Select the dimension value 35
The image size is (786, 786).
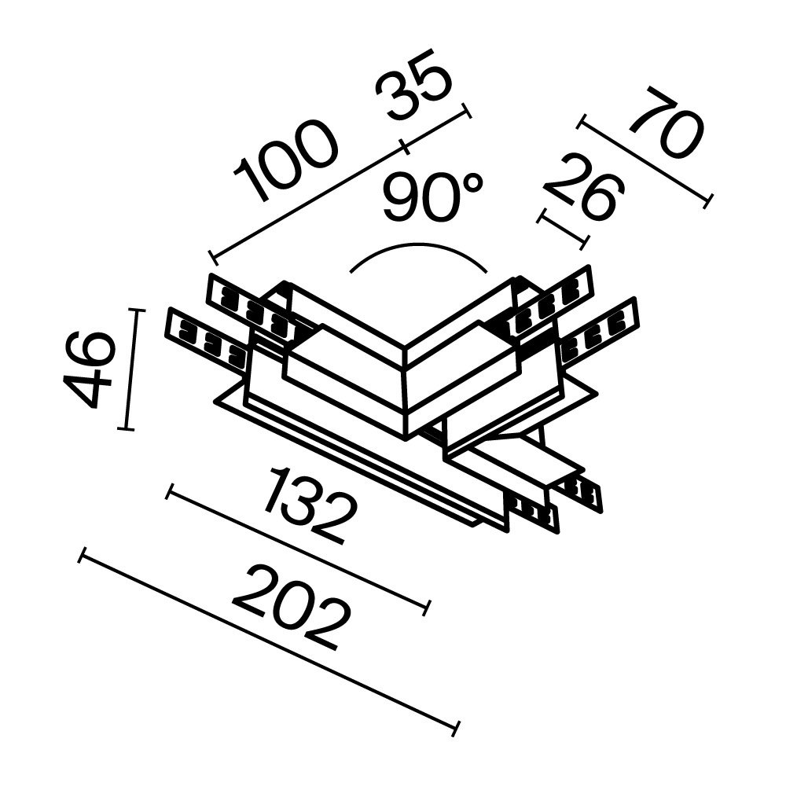pyautogui.click(x=413, y=91)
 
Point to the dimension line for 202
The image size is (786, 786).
pyautogui.click(x=267, y=641)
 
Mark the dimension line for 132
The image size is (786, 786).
pyautogui.click(x=299, y=549)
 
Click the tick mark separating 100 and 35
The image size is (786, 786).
pyautogui.click(x=405, y=147)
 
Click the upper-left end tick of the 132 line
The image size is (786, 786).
pyautogui.click(x=169, y=492)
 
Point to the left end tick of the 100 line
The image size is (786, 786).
pyautogui.click(x=212, y=257)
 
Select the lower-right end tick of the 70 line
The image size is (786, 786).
pyautogui.click(x=707, y=201)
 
